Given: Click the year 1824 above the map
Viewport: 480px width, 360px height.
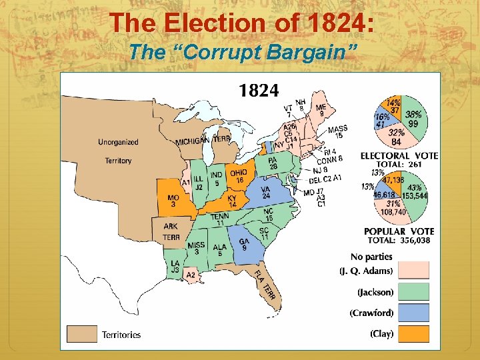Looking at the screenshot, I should tap(259, 90).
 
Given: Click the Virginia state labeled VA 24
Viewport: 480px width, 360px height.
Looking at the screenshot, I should tap(265, 193).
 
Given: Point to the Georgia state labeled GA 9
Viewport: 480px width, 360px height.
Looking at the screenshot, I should tap(244, 244).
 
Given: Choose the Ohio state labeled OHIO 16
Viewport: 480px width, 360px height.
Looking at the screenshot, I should tap(239, 176).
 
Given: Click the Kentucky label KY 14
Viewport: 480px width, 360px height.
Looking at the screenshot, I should tap(232, 201).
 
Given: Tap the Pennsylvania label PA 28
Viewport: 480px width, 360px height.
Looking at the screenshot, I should tap(272, 163).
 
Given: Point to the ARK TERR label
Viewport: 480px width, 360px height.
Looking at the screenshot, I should tap(171, 231).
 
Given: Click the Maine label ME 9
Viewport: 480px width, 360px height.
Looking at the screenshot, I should tap(321, 110).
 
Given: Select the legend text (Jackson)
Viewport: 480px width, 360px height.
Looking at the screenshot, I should tap(375, 292).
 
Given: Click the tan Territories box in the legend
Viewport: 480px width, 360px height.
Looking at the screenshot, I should tap(82, 333).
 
